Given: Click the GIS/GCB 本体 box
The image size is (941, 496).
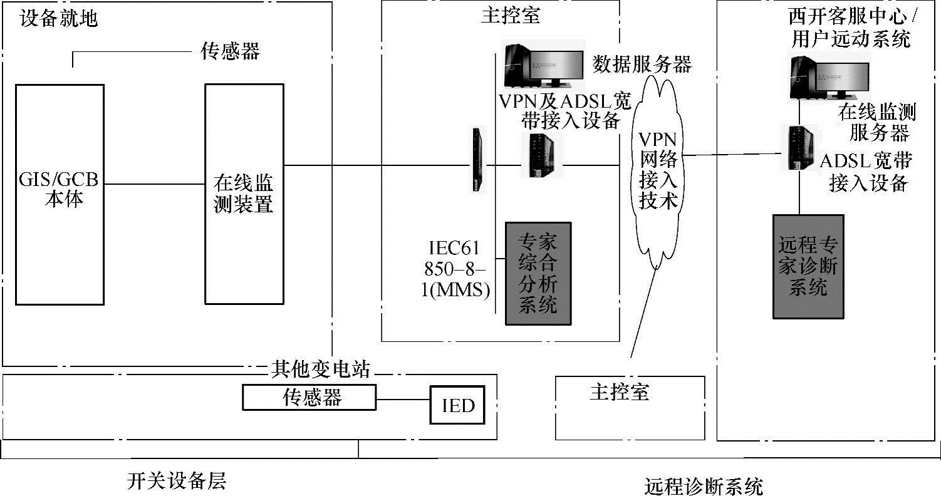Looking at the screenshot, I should tap(60, 194).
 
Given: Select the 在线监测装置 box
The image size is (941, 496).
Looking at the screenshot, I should tap(244, 194).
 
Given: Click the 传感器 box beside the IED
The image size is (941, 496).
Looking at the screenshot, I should tap(309, 398).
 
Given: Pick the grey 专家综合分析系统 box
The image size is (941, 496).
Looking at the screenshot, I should tap(538, 273).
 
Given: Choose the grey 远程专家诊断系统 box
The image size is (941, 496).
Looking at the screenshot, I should tap(808, 266).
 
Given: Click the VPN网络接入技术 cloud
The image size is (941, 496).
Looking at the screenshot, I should tap(657, 169).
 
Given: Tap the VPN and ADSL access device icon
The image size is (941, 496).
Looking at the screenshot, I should tap(539, 155).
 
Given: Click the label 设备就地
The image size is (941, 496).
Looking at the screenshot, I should tap(60, 18).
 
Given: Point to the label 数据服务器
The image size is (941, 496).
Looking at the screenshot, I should tap(642, 65).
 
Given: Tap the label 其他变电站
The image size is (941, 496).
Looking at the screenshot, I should tap(320, 369).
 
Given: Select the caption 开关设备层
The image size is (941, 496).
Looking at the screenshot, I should tap(176, 481).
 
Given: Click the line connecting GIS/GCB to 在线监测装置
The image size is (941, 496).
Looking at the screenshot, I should tap(155, 184).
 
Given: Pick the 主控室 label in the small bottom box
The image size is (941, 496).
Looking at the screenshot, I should tap(619, 392).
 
